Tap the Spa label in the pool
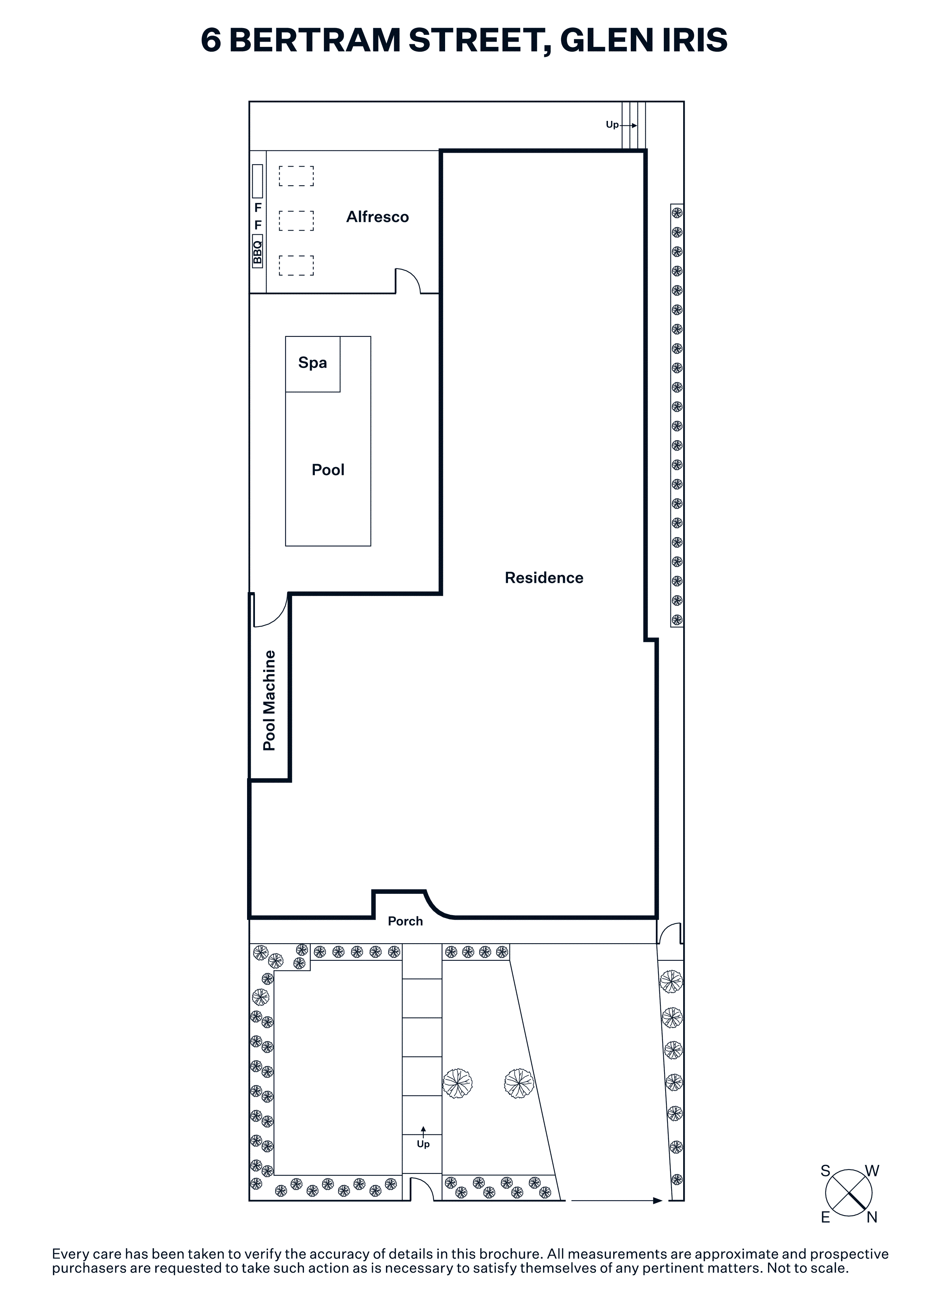click(312, 363)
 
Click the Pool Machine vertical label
click(269, 701)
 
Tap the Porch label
click(405, 921)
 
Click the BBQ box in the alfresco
click(257, 252)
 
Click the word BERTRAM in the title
click(315, 40)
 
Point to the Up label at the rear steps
click(612, 125)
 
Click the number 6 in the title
click(211, 40)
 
